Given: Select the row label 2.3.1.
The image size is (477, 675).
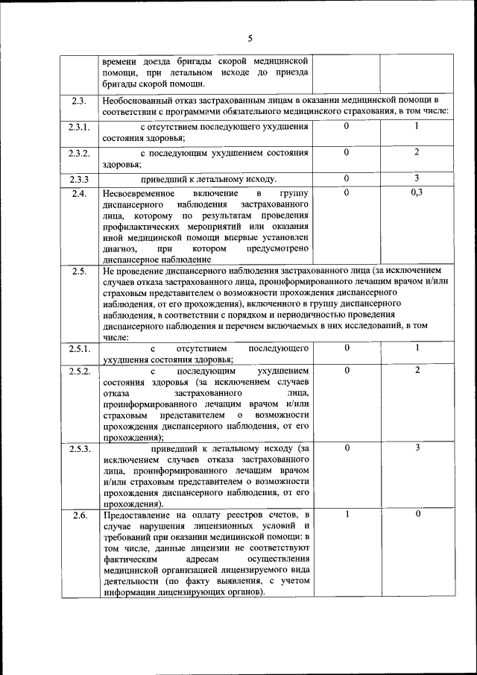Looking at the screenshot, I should [80, 127].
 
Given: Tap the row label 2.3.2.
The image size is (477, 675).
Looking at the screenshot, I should [80, 153].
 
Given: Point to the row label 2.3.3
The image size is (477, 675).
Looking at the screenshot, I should [80, 179].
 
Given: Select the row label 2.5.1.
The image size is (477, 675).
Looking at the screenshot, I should [80, 348].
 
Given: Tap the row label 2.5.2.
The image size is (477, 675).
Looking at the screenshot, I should [80, 371].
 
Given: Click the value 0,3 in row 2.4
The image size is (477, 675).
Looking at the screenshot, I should [417, 192].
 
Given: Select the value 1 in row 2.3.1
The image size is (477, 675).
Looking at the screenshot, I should [417, 125].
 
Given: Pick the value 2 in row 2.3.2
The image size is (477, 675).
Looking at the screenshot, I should [417, 151].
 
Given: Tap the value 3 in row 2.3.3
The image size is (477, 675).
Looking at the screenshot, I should [417, 178].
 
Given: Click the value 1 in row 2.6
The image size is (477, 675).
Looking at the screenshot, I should [347, 515].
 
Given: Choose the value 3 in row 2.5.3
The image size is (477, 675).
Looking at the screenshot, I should [417, 448].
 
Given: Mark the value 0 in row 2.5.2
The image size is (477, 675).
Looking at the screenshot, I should [347, 370].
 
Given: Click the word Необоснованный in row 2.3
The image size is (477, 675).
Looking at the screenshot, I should [137, 100].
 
